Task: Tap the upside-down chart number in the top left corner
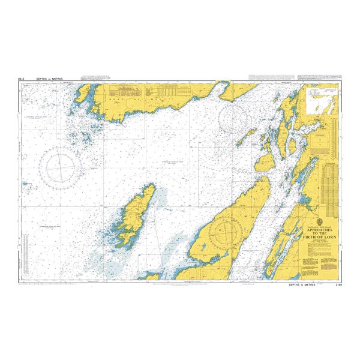pos(22,79)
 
